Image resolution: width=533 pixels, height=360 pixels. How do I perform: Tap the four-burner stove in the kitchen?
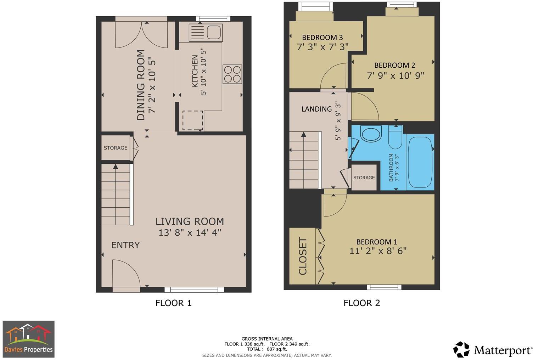232,74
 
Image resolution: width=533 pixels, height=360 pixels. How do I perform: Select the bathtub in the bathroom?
420,162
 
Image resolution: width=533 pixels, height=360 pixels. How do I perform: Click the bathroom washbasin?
371,135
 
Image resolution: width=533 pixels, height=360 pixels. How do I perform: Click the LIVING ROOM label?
190,221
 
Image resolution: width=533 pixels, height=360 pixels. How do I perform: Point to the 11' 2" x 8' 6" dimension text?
378,251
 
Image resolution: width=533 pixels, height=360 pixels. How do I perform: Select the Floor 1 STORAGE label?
116,148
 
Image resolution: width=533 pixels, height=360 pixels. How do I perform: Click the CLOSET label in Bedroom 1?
303,256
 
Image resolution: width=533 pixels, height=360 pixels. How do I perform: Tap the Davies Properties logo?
29,339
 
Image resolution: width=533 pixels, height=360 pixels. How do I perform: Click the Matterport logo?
493,350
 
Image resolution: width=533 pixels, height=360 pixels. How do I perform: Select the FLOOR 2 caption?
361,303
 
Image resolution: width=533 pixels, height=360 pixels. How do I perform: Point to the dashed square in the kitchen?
193,120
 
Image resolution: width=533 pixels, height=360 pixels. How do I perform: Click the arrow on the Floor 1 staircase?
115,167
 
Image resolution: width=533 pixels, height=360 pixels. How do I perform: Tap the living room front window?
197,289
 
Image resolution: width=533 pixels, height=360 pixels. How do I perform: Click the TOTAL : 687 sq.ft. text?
267,349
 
